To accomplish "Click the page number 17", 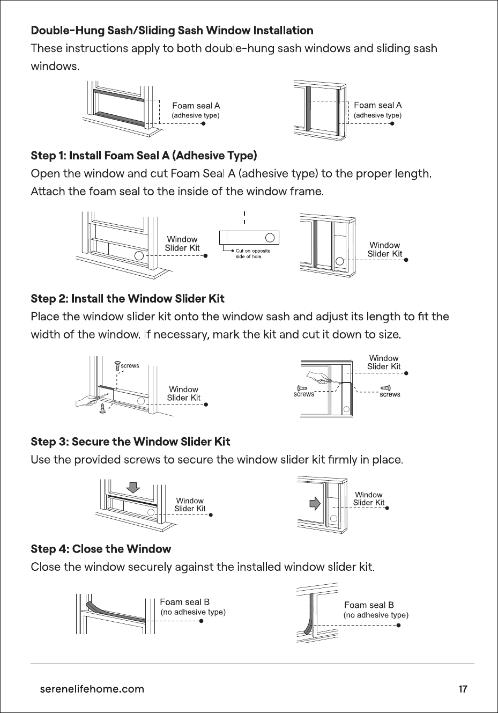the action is click(x=463, y=689).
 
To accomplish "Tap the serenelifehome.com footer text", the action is click(x=92, y=689).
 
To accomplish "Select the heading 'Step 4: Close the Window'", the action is click(x=101, y=549).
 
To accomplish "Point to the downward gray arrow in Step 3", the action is click(x=133, y=488).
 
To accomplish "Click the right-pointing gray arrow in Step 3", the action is click(x=315, y=504).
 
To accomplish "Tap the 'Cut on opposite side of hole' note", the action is click(x=253, y=254).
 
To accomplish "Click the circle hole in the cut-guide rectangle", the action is click(x=270, y=238).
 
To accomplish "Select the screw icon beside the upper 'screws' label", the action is click(x=117, y=366).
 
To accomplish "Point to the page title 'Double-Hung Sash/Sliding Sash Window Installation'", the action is click(x=172, y=31).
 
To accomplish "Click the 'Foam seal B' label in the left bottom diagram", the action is click(x=185, y=602).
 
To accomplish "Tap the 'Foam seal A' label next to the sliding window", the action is click(x=378, y=105).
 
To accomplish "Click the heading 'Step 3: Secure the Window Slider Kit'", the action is click(x=130, y=442).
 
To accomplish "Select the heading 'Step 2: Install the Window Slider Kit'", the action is click(x=128, y=299).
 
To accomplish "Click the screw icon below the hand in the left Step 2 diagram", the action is click(x=102, y=408).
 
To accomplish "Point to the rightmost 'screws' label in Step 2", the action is click(x=390, y=394).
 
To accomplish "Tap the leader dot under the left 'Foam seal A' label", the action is click(x=204, y=123).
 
